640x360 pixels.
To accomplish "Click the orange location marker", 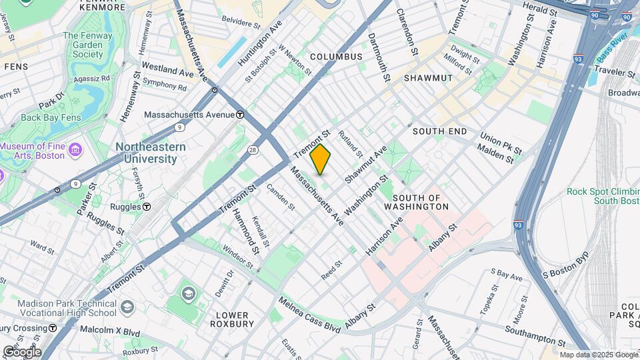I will click(x=321, y=159).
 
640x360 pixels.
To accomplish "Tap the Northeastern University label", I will click(x=146, y=153).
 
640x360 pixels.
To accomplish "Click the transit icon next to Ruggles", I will click(x=147, y=207).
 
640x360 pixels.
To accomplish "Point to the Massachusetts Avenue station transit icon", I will click(x=241, y=114).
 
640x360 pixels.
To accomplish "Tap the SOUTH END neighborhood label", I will click(x=439, y=131).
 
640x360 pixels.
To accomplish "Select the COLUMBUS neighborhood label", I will click(x=336, y=57).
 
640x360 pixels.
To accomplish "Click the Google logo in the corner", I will click(x=21, y=351).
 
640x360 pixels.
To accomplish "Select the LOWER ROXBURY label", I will click(x=231, y=319).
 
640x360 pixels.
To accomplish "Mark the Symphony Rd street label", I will click(x=165, y=85).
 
